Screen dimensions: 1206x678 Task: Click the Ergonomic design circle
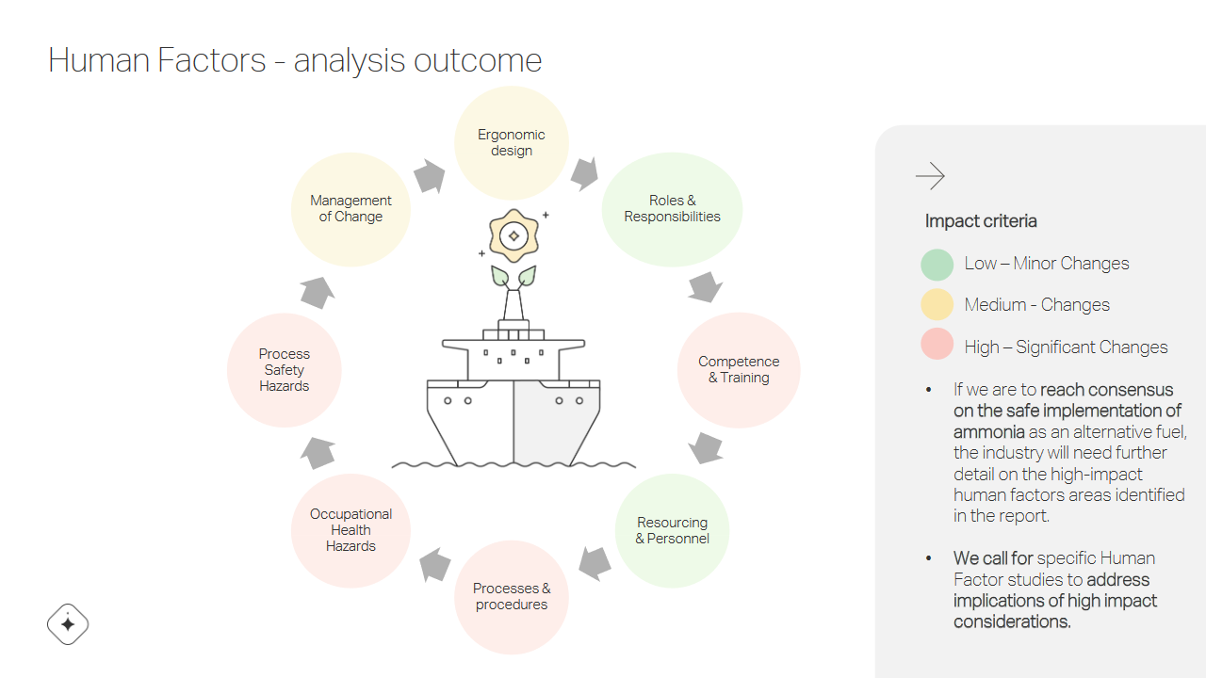[512, 143]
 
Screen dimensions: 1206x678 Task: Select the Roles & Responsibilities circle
[672, 209]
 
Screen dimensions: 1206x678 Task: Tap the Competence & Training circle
[739, 370]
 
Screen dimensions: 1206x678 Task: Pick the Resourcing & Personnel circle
[672, 530]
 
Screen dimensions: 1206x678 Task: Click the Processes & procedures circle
[512, 597]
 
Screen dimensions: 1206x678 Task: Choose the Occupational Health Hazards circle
[350, 530]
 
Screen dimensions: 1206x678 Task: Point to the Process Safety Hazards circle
[285, 370]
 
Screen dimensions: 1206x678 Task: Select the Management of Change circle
[350, 209]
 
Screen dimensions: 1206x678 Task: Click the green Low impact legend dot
[937, 265]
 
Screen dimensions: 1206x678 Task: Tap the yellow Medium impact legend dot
[937, 304]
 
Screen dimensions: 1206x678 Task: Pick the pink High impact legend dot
[937, 344]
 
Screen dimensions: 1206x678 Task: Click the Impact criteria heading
[981, 221]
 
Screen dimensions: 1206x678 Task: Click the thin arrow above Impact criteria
[930, 176]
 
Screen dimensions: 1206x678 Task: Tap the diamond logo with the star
[68, 624]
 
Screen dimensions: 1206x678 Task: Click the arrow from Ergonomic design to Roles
[585, 173]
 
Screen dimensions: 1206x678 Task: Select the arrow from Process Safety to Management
[318, 293]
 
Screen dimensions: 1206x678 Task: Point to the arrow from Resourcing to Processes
[595, 563]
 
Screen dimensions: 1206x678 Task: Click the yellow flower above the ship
[513, 235]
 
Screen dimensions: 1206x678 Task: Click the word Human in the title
[100, 59]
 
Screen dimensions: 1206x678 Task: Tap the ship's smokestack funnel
[513, 305]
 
